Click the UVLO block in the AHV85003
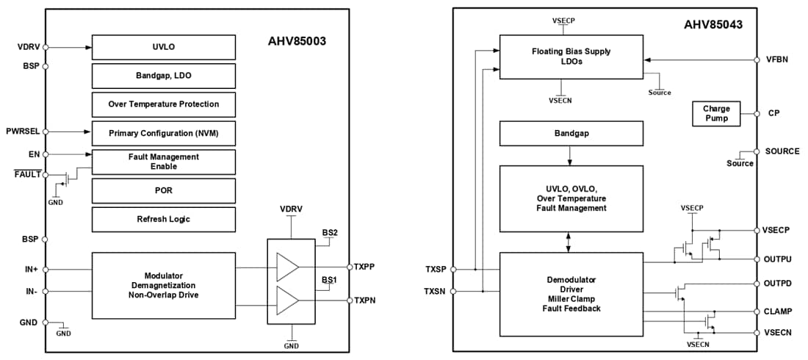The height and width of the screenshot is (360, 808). point(164,46)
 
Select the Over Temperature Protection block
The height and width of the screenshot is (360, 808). point(164,104)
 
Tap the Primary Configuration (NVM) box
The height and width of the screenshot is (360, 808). point(164,133)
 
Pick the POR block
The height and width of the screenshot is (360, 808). point(164,190)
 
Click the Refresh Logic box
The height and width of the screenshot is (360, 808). point(164,219)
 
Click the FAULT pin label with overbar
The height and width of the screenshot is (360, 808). point(26,175)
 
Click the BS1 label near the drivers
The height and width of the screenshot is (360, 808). point(329,280)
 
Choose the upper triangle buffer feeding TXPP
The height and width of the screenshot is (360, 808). point(286,267)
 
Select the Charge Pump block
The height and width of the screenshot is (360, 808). point(716,113)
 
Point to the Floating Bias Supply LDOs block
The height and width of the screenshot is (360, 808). point(571,57)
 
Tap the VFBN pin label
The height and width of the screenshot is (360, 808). point(776,60)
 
